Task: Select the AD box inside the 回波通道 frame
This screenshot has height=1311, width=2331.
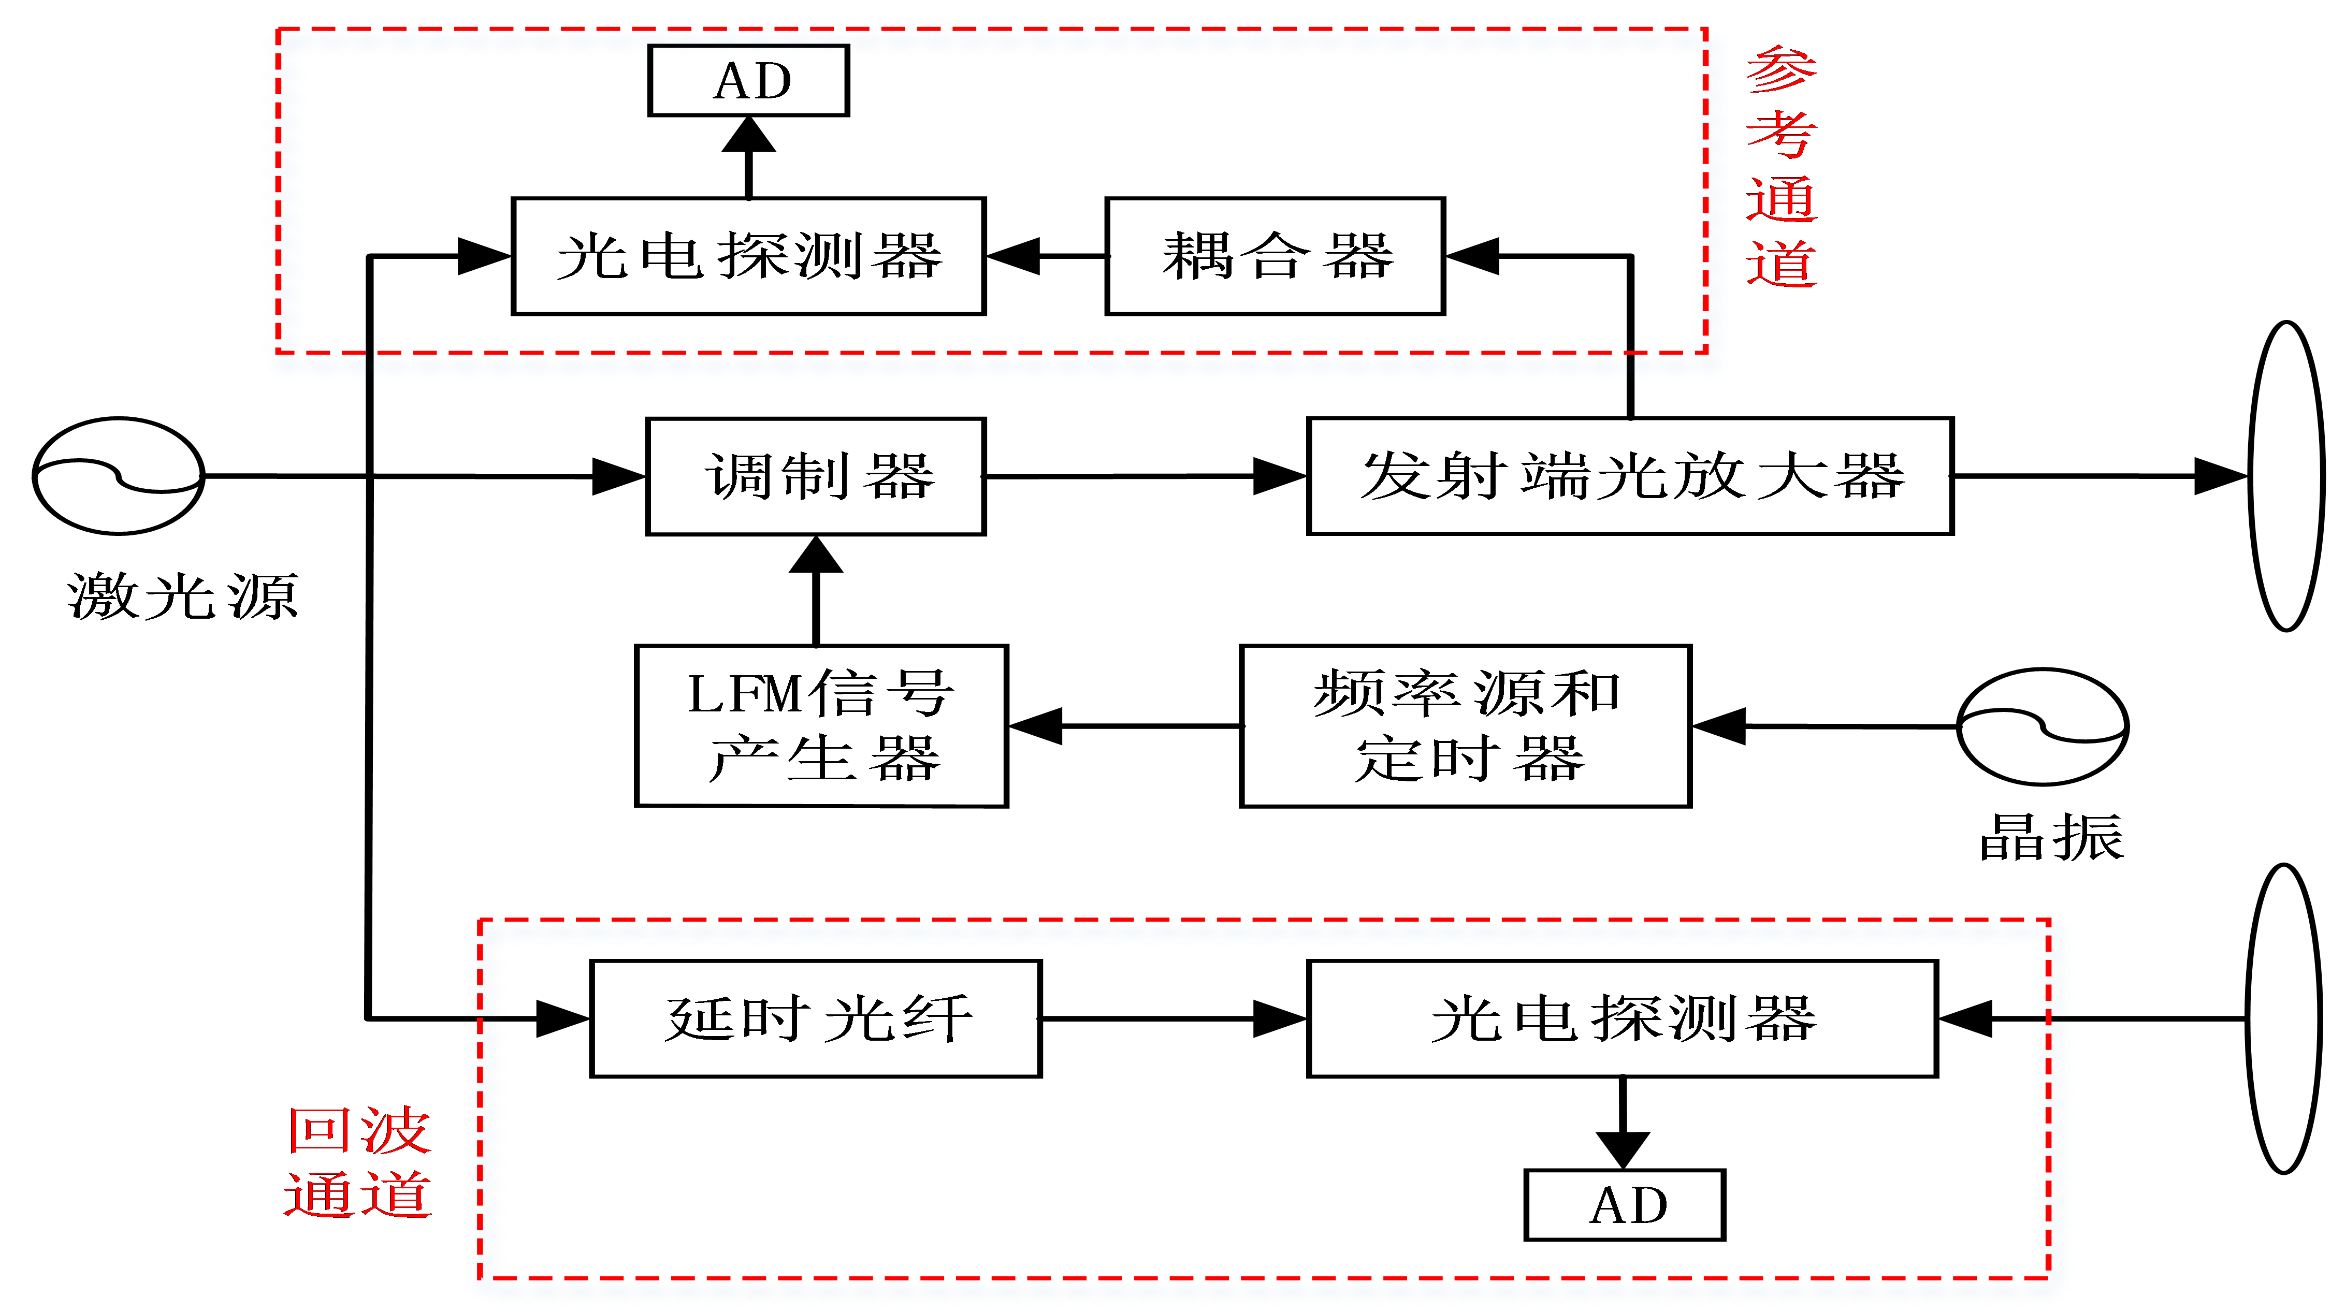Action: point(1624,1204)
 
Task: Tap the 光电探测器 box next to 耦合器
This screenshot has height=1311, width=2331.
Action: point(748,256)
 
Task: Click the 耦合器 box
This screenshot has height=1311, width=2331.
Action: point(1275,256)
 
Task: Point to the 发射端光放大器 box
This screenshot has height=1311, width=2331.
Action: point(1630,476)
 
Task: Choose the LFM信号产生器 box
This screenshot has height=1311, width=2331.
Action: point(821,725)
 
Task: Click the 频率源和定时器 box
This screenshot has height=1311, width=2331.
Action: point(1465,725)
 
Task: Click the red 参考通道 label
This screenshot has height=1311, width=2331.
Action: point(1781,167)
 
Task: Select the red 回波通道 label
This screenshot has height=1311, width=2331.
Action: point(358,1162)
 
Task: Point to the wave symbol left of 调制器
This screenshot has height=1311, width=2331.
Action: point(119,476)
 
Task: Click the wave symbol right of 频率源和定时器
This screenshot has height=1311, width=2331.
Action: point(2043,726)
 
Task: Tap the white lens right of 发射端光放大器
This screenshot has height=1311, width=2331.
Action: point(2286,476)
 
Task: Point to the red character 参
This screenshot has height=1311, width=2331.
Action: point(1781,70)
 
